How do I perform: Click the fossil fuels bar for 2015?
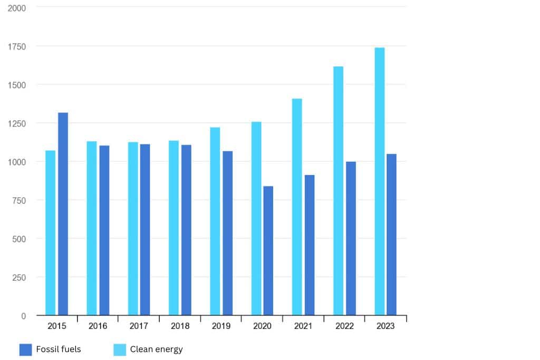coord(63,214)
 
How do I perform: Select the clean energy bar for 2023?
coord(379,181)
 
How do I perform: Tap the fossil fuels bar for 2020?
coord(268,251)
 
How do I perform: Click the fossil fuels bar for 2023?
coord(391,235)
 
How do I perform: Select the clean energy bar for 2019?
coord(215,221)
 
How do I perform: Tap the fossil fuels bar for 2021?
coord(309,245)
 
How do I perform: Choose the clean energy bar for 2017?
coord(132,229)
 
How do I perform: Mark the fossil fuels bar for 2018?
coord(186,230)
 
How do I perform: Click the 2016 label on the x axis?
coord(98,326)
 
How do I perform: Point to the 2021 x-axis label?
coord(303,326)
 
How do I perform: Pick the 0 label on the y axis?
coord(24,316)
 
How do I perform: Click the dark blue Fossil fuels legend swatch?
coord(26,349)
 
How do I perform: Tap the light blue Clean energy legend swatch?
coord(120,349)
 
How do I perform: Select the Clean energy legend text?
coord(157,349)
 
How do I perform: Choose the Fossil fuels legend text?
coord(59,349)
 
